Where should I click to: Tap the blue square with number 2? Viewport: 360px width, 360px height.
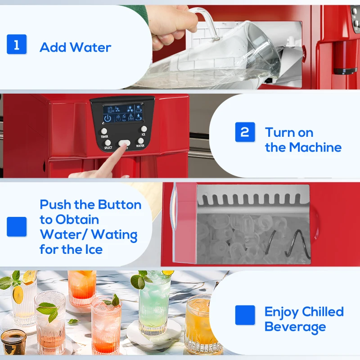pyautogui.click(x=245, y=132)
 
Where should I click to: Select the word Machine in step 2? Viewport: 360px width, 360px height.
pyautogui.click(x=315, y=147)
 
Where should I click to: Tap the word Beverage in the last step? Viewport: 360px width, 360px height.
pyautogui.click(x=295, y=327)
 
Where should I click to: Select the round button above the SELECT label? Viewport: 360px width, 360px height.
pyautogui.click(x=108, y=143)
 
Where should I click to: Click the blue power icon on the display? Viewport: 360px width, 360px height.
pyautogui.click(x=108, y=118)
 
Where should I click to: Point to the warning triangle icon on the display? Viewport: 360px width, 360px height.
pyautogui.click(x=130, y=117)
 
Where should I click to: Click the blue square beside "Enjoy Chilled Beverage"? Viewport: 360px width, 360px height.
pyautogui.click(x=245, y=315)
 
